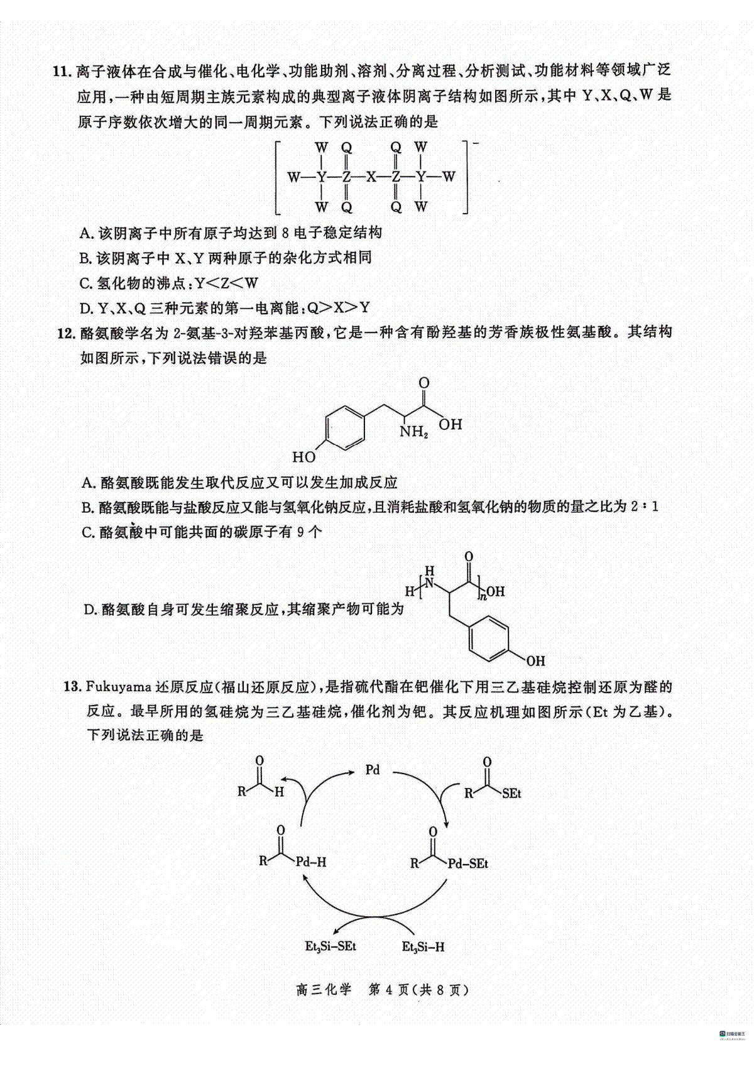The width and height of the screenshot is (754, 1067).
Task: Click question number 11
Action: pos(62,72)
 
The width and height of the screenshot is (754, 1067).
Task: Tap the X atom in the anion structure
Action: pos(371,177)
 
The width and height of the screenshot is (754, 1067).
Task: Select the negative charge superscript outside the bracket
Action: pos(476,143)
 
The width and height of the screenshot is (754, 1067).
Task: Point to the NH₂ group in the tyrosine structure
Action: pos(413,432)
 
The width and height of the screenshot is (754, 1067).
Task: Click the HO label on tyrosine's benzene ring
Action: pos(304,457)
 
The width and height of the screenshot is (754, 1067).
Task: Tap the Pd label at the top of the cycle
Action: pos(373,770)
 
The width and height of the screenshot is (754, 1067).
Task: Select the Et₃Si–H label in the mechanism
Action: pos(423,946)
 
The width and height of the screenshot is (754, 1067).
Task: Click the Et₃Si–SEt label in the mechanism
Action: pos(331,946)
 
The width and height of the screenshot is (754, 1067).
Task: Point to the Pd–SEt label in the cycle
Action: pos(467,863)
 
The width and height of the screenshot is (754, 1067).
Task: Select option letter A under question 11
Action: pos(85,233)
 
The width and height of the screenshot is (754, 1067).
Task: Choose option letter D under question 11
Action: pos(85,309)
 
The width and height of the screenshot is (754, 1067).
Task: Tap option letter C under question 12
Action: pos(87,532)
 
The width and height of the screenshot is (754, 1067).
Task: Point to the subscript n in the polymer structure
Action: pos(483,596)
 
